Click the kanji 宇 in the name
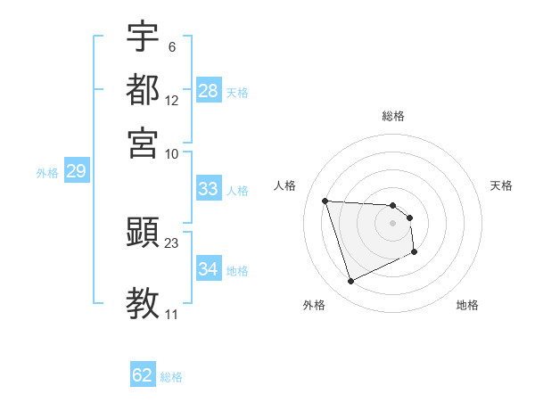coord(143,37)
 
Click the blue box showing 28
coord(209,91)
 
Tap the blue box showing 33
coord(209,189)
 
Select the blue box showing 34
coord(209,269)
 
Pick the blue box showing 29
coord(76,172)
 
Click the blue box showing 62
coord(143,375)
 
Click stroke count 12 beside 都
coord(172,101)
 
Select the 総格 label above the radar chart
coord(393,116)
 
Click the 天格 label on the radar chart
coord(501,185)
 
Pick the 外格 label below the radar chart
coord(314,305)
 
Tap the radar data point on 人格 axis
coord(325,201)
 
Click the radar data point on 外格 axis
coord(351,282)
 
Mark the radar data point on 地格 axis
coord(415,253)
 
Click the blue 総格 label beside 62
coord(171,377)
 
